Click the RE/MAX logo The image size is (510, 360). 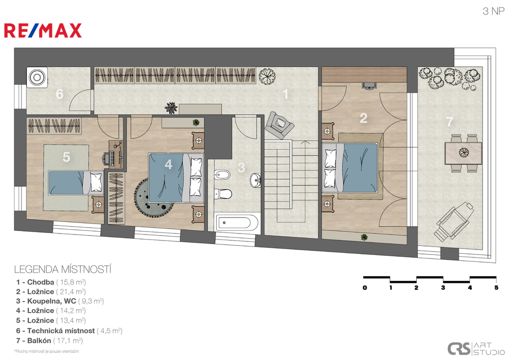(x=43, y=30)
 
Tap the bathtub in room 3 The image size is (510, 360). (x=237, y=223)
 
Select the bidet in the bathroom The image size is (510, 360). (x=222, y=175)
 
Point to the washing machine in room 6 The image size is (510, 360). (x=37, y=77)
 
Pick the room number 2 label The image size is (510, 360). (x=363, y=118)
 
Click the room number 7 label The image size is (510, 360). (x=449, y=121)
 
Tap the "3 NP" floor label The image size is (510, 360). (x=494, y=11)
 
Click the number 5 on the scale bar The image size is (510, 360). (x=496, y=287)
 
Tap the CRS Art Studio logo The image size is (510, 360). (x=476, y=349)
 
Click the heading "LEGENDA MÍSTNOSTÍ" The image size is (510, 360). (x=63, y=269)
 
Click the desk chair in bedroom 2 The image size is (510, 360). (x=369, y=85)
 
